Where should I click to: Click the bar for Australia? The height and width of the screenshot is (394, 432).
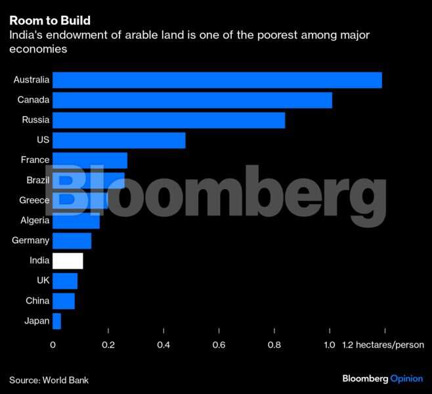pyautogui.click(x=217, y=80)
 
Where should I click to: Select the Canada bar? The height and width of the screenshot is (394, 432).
pyautogui.click(x=192, y=100)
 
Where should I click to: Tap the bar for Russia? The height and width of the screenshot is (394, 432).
pyautogui.click(x=168, y=120)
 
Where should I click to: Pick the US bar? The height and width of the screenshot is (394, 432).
pyautogui.click(x=118, y=141)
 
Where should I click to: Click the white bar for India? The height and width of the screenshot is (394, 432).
pyautogui.click(x=68, y=261)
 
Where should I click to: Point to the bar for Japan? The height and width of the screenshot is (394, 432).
pyautogui.click(x=56, y=321)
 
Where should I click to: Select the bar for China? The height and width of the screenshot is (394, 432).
pyautogui.click(x=63, y=301)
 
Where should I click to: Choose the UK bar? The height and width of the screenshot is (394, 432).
pyautogui.click(x=64, y=281)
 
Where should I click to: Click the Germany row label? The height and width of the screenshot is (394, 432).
pyautogui.click(x=30, y=241)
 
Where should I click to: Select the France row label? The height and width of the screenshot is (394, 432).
pyautogui.click(x=35, y=160)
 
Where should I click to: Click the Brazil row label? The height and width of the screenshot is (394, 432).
pyautogui.click(x=35, y=181)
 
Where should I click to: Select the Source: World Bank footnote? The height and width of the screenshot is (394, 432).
pyautogui.click(x=49, y=380)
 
